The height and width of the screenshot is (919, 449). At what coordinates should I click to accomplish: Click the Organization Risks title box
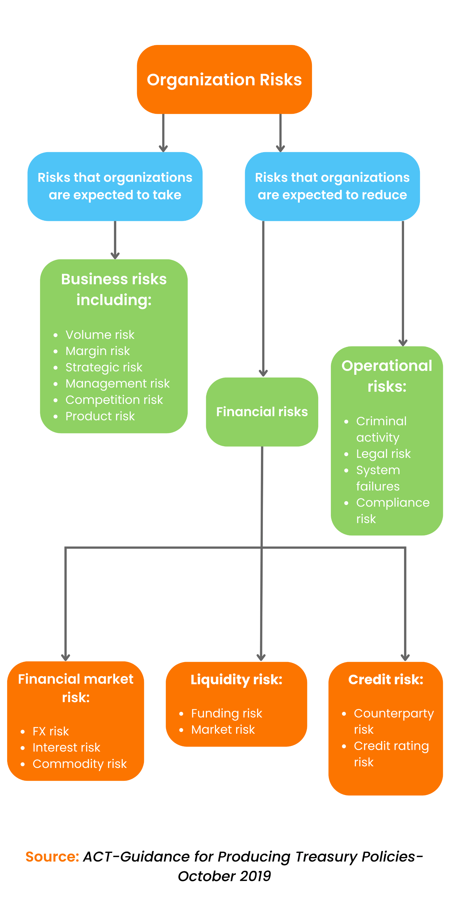point(224,79)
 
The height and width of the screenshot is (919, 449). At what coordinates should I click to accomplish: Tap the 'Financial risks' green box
point(262,412)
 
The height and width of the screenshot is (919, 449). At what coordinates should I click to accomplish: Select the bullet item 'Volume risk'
point(100,335)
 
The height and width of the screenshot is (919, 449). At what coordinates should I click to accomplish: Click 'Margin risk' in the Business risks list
point(97,351)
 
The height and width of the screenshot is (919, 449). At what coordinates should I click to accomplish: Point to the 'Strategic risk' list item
point(104,367)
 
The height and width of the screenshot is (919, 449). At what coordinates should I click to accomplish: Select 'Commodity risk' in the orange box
point(79,764)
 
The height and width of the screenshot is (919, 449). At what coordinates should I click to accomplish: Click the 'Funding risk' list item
point(226,713)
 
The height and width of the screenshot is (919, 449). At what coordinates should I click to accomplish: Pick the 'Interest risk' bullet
point(66,747)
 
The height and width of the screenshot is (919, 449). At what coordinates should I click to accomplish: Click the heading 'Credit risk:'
point(385,680)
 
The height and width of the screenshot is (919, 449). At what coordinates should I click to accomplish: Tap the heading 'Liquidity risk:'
point(236,680)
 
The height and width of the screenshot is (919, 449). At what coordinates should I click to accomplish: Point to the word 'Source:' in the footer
point(52,856)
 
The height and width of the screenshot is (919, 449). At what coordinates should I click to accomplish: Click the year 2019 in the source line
point(255,876)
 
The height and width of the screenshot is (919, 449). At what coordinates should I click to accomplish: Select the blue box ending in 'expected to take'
point(115,186)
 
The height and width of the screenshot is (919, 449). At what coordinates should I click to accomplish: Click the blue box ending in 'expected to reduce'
point(332,186)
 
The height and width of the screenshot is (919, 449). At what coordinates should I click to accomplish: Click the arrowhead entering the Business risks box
point(115,256)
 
